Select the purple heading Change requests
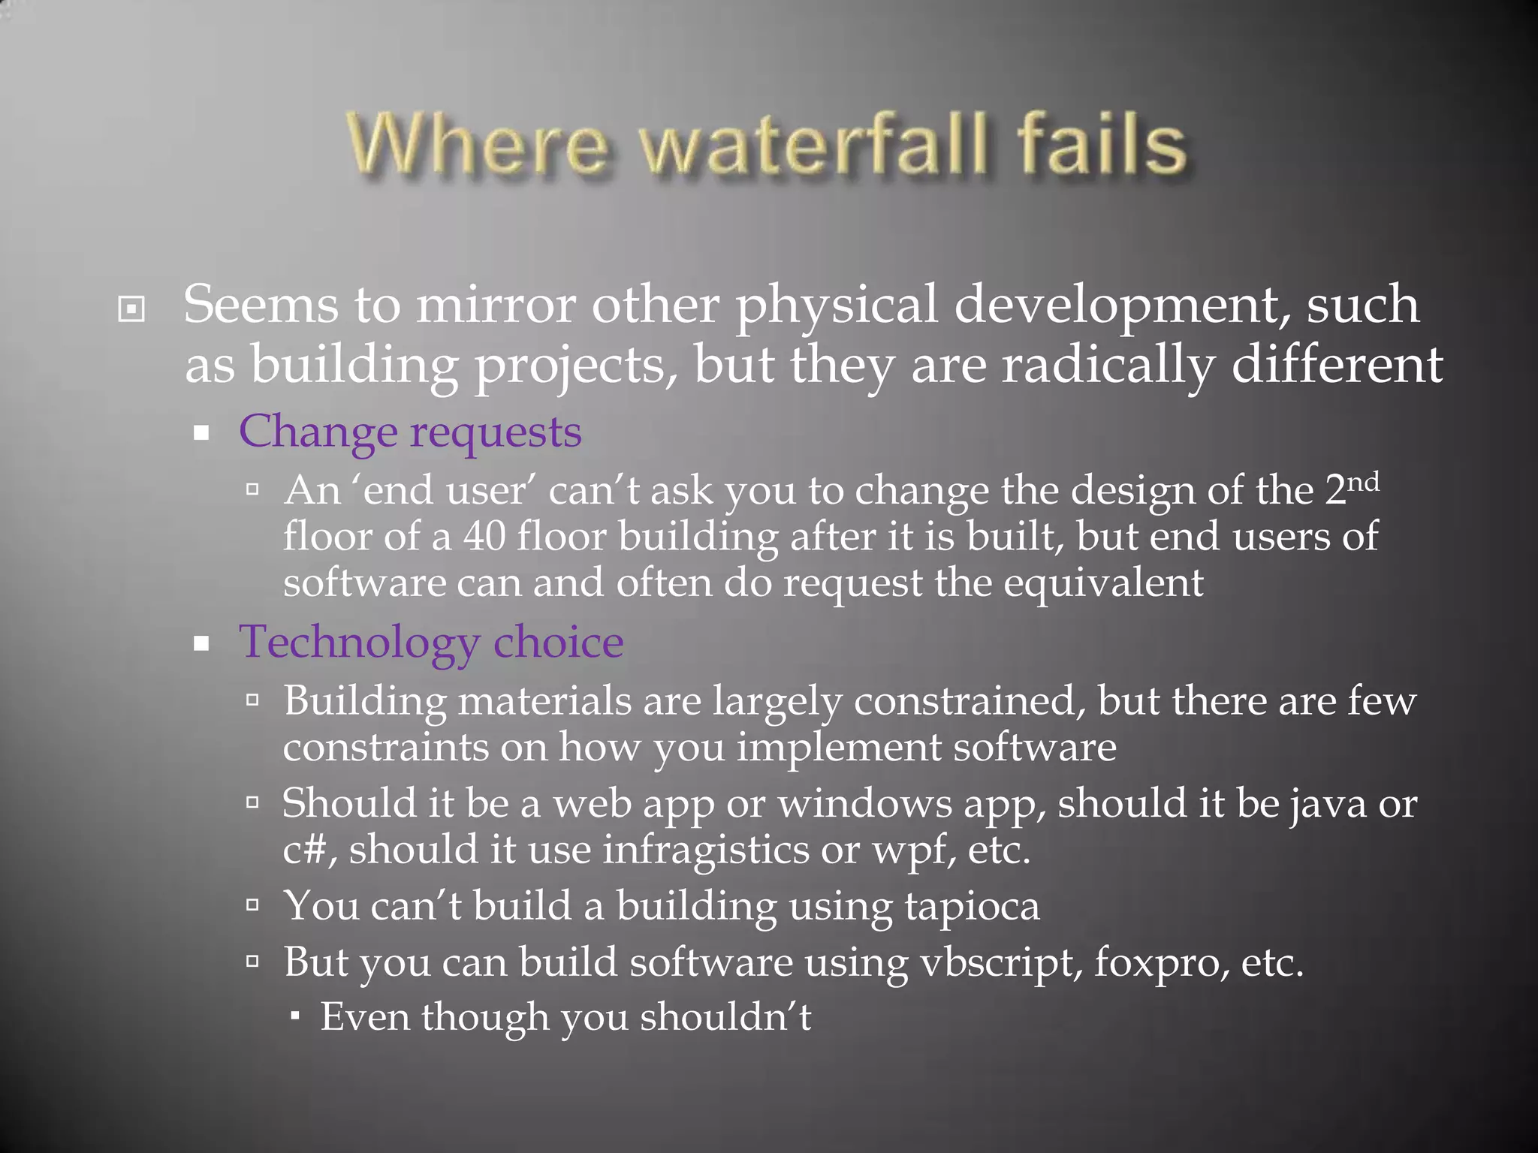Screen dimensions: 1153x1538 coord(410,433)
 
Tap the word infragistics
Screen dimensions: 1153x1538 coord(706,850)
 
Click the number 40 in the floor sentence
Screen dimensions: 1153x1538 coord(484,537)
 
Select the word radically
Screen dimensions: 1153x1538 coord(1107,366)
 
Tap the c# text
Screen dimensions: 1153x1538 coord(305,851)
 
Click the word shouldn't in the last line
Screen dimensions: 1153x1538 coord(725,1019)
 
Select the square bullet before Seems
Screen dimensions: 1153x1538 coord(131,309)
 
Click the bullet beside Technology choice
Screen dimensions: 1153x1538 coord(201,644)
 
